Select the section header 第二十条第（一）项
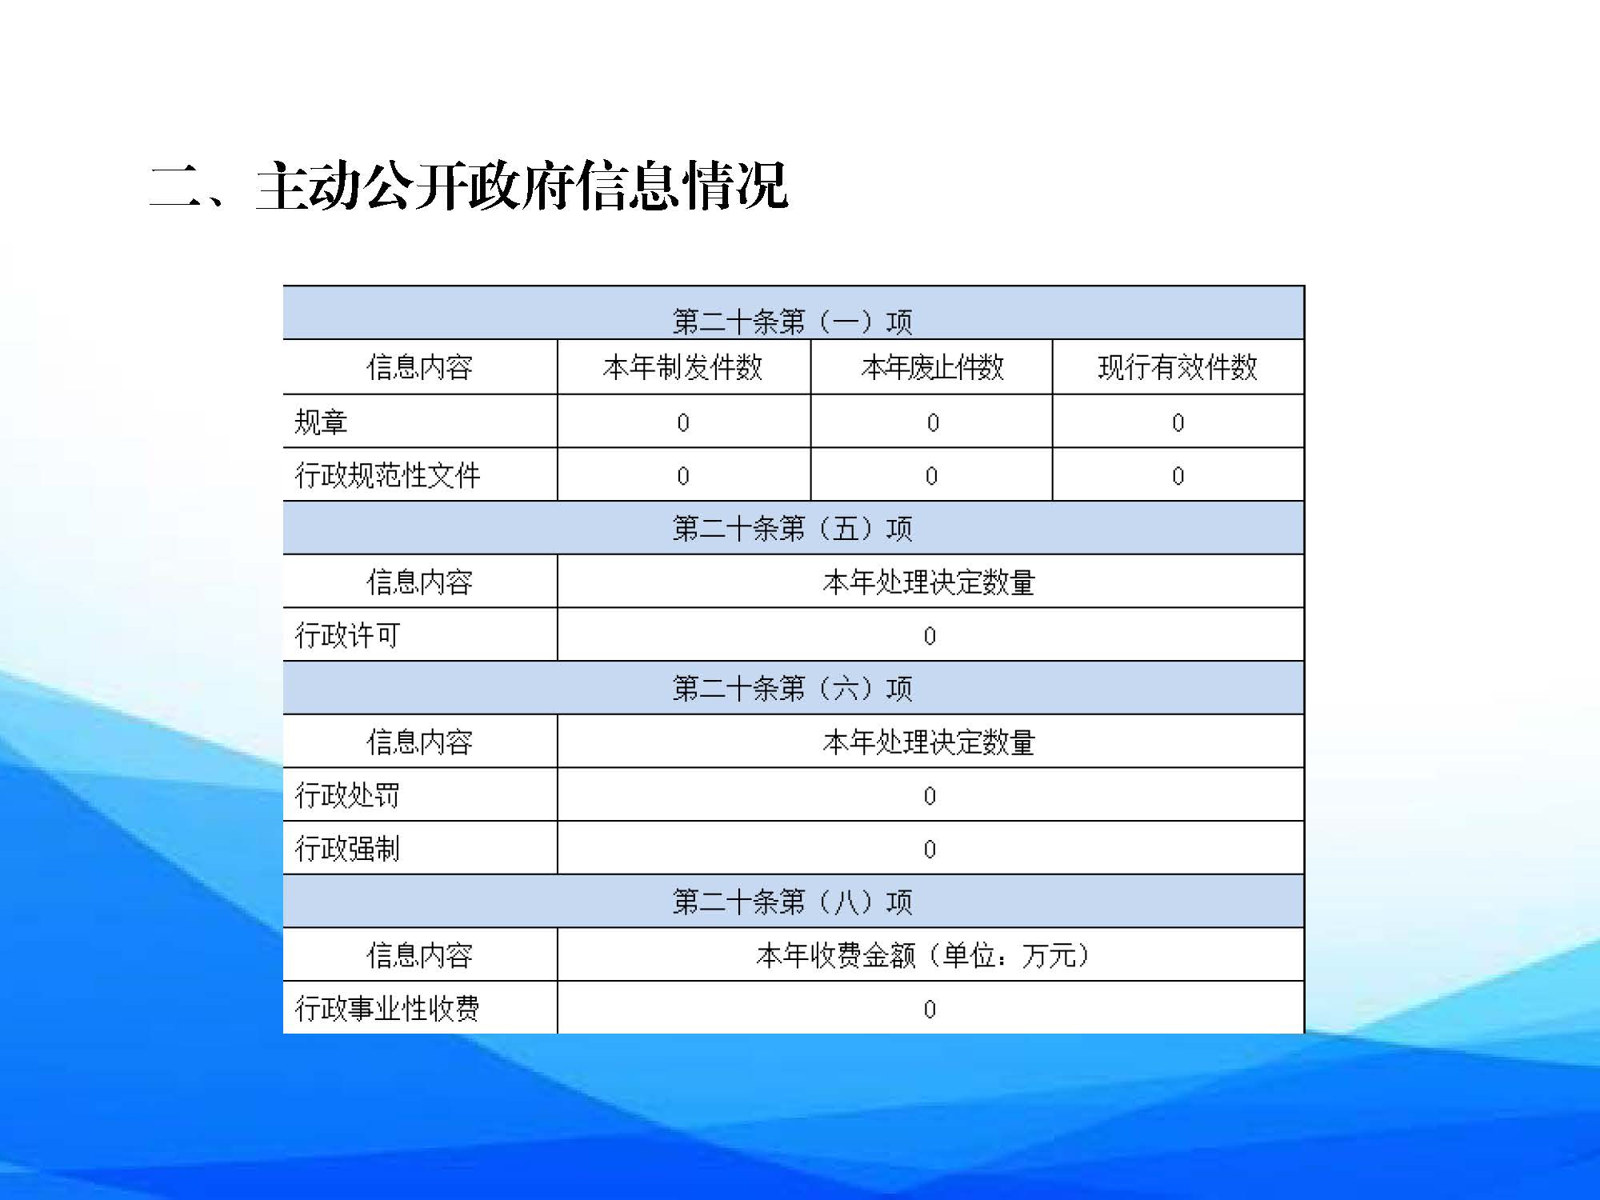tap(793, 322)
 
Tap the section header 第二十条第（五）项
tap(793, 528)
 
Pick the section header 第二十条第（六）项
tap(793, 688)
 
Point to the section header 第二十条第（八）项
tap(793, 902)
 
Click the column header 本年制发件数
tap(683, 367)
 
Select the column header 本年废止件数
tap(932, 367)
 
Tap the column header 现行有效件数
tap(1178, 367)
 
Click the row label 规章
tap(321, 422)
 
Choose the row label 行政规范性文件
tap(387, 475)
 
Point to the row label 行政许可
tap(347, 635)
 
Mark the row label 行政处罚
tap(347, 795)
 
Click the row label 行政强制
tap(347, 849)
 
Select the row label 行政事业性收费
tap(387, 1008)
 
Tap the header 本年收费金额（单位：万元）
tap(925, 955)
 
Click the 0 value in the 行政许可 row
tap(930, 636)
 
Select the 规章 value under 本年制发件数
tap(683, 422)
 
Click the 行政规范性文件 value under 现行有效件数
tap(1178, 476)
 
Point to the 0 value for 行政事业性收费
tap(930, 1009)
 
